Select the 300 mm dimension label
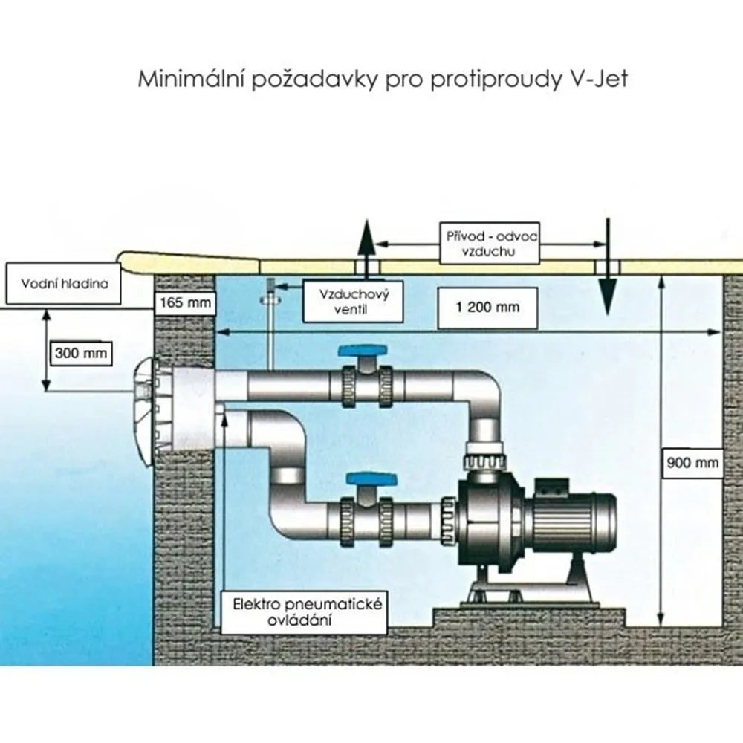pyautogui.click(x=81, y=353)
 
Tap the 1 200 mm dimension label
pyautogui.click(x=487, y=307)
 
